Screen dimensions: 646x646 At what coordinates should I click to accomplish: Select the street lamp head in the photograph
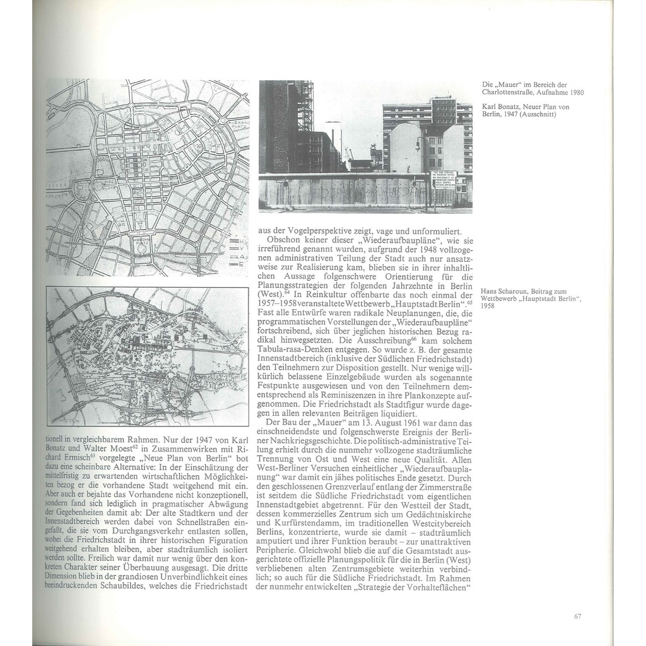pos(417,146)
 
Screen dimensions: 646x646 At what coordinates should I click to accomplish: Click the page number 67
pos(577,616)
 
